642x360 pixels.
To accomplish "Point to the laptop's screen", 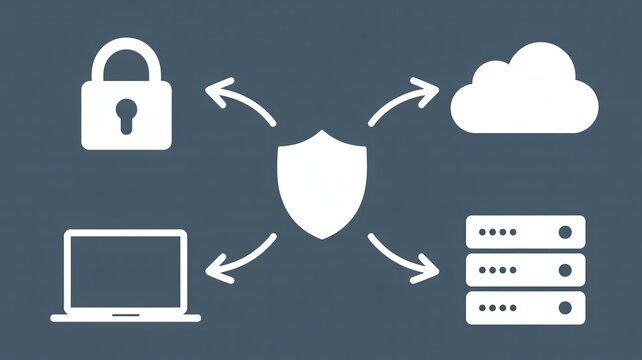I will point(126,270).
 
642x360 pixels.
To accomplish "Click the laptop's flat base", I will point(126,318).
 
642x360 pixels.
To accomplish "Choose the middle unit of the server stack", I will point(526,268).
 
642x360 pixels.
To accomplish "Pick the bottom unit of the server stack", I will point(526,305).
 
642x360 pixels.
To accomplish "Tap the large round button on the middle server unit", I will point(566,268).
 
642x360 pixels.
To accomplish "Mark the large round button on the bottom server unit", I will point(566,305).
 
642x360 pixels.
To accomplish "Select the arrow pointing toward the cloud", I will point(402,102).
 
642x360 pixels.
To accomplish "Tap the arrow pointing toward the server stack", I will point(402,258).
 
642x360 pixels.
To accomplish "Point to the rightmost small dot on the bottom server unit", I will point(513,305).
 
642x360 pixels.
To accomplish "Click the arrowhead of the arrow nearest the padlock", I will point(212,93).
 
